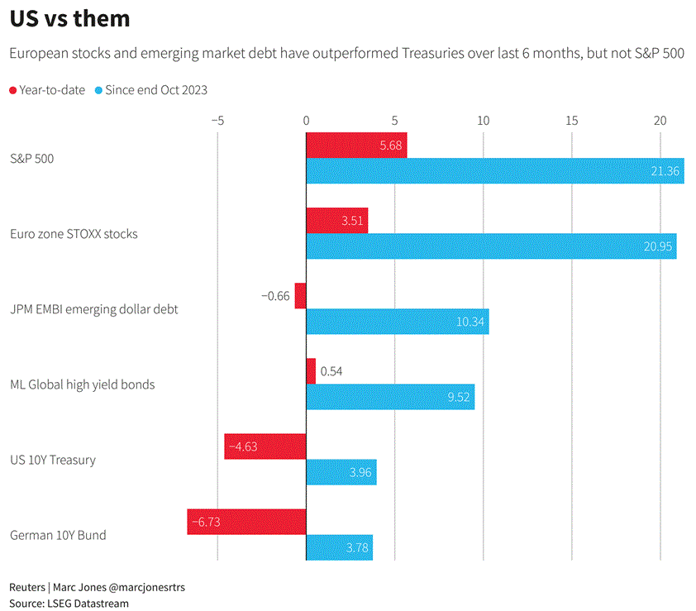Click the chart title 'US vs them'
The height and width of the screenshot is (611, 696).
coord(70,18)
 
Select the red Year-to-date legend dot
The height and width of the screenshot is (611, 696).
coord(12,90)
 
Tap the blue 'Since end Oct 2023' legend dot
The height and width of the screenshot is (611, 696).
coord(99,90)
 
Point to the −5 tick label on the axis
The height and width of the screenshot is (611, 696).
coord(217,121)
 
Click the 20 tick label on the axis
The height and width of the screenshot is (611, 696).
coord(660,121)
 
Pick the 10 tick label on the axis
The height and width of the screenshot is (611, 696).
coord(483,121)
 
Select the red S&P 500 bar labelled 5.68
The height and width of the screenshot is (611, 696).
coord(356,146)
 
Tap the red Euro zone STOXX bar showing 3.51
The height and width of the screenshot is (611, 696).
coord(336,221)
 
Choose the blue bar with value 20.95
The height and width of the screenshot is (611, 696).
coord(491,246)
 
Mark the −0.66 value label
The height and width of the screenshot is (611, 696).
coord(275,296)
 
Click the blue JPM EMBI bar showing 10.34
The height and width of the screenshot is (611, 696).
coord(397,322)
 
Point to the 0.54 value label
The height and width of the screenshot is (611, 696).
coord(331,371)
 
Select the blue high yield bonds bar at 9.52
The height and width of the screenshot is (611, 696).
coord(390,397)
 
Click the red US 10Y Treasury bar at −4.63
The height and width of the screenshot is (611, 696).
coord(265,446)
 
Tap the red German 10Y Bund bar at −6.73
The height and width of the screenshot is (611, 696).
coord(246,522)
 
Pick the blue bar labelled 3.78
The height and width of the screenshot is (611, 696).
coord(339,547)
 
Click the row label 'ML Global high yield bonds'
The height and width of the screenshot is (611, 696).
coord(82,384)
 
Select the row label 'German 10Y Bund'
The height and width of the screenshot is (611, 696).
coord(58,535)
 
